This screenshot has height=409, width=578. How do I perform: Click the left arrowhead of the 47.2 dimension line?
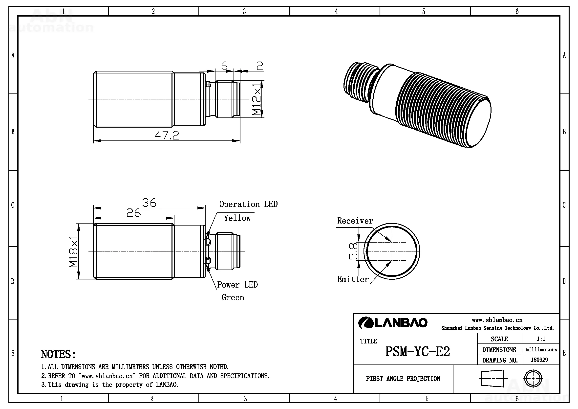tap(97, 140)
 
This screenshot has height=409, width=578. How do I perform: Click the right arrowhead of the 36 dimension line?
tap(201, 208)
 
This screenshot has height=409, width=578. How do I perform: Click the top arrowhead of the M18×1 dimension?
tap(79, 227)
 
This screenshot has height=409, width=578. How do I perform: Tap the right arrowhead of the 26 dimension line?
tap(171, 218)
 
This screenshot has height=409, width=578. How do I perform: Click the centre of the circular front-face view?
tap(392, 251)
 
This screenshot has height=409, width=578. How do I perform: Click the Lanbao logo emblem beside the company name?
tap(365, 323)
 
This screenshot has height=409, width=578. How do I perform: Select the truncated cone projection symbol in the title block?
tap(493, 378)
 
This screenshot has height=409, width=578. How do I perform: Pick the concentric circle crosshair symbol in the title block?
tap(533, 378)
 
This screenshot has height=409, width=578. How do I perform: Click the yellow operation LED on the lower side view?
tap(208, 242)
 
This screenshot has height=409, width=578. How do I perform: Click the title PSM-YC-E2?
tap(417, 352)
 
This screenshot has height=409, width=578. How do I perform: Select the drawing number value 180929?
tap(539, 360)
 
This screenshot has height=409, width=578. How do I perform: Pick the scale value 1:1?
tap(541, 339)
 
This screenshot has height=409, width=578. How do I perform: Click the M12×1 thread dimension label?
tap(257, 99)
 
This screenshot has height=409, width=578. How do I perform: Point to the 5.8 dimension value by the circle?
tap(353, 251)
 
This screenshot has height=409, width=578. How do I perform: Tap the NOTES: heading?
tap(58, 354)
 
